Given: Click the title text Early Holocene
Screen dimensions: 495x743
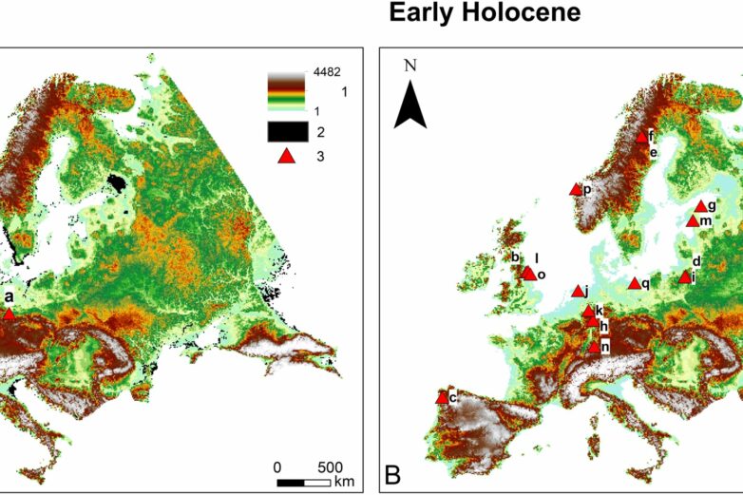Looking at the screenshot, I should [x=485, y=14].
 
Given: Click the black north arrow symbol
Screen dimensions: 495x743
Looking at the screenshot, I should [x=410, y=104].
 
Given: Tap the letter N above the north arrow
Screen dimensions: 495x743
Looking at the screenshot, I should [x=410, y=66].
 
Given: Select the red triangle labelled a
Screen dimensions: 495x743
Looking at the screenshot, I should [x=9, y=314].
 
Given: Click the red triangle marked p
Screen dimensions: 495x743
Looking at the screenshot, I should [x=576, y=190].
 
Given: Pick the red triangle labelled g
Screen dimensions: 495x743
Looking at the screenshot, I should [x=701, y=206].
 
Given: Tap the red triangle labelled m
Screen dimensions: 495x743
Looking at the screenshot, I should [x=693, y=221].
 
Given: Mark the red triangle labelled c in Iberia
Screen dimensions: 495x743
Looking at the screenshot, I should [x=442, y=398].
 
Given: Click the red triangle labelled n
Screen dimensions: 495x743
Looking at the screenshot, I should [x=594, y=347].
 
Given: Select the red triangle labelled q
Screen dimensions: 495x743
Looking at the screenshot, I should [x=634, y=283].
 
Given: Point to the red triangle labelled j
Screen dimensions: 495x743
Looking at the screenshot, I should [x=578, y=292].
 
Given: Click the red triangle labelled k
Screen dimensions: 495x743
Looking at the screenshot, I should [x=588, y=311].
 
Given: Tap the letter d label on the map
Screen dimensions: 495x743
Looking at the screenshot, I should [x=696, y=261].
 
